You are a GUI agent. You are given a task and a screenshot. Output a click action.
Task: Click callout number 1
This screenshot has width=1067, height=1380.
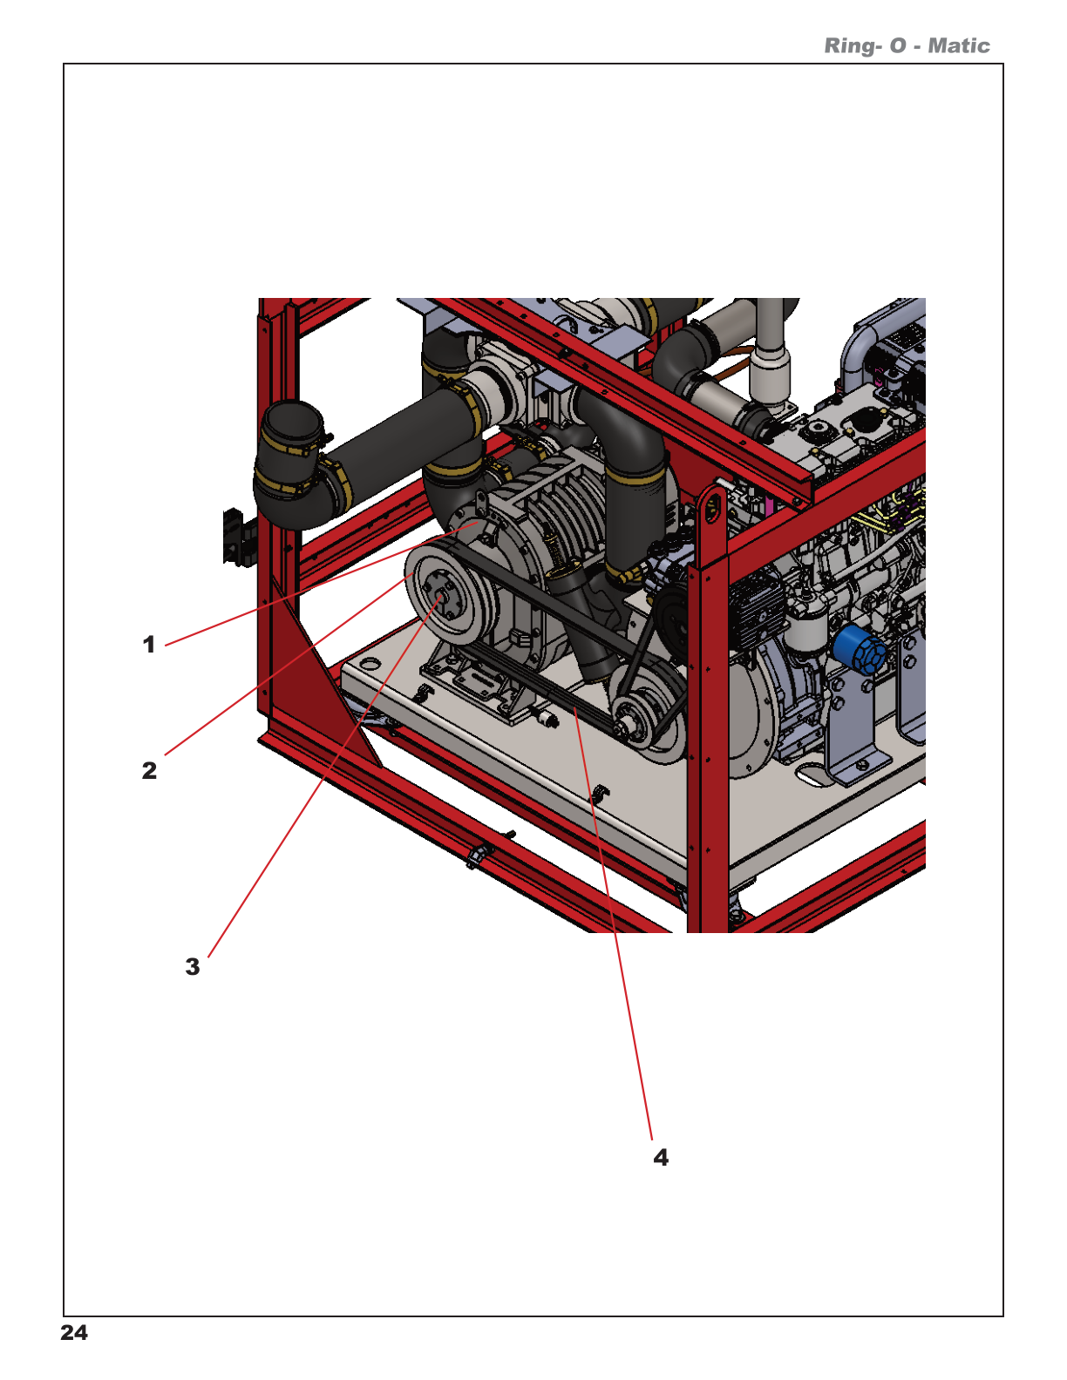[x=149, y=646]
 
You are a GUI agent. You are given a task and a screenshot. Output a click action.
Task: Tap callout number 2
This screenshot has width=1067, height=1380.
[x=149, y=771]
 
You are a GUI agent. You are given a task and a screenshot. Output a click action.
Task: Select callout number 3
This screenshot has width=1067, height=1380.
[x=193, y=967]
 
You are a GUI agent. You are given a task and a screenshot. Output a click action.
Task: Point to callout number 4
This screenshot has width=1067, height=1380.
[x=661, y=1158]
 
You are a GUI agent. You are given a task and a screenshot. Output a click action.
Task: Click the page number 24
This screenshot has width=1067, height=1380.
[x=74, y=1333]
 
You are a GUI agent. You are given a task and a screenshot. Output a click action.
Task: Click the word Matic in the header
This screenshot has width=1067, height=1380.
[x=958, y=46]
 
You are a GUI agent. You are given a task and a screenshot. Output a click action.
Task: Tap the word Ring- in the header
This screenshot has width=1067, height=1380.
[x=853, y=46]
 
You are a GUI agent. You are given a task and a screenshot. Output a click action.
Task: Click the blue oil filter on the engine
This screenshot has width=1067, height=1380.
[x=858, y=650]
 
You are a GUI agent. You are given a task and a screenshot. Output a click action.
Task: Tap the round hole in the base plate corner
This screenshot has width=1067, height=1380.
[x=370, y=664]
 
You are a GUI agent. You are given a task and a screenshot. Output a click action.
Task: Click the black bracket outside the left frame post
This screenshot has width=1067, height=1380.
[x=232, y=537]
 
